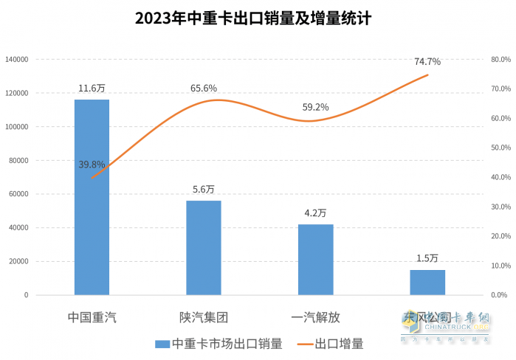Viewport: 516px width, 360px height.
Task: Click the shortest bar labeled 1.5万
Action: [x=427, y=282]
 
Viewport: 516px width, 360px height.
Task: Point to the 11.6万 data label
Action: [x=92, y=89]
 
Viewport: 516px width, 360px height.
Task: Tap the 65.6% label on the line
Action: [x=203, y=89]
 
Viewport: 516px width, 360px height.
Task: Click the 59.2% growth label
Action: [x=315, y=107]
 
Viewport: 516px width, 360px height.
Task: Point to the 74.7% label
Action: [x=427, y=61]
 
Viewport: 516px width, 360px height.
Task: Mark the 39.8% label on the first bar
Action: [x=92, y=165]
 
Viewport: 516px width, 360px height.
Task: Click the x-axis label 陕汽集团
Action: [x=203, y=318]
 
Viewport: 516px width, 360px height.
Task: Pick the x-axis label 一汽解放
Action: [x=315, y=318]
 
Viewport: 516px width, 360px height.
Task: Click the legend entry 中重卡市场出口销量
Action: [x=219, y=344]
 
